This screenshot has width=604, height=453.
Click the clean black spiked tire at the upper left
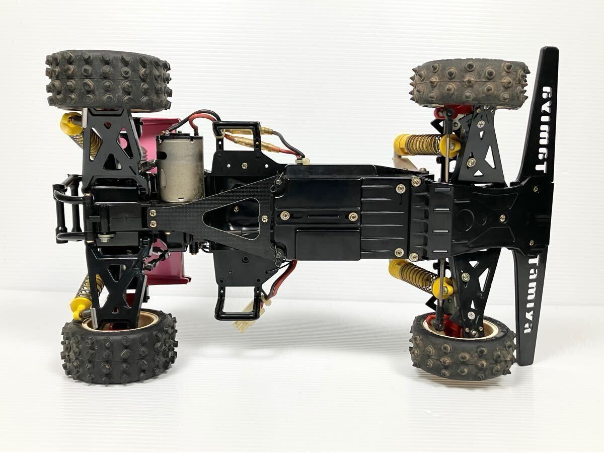click(x=108, y=81)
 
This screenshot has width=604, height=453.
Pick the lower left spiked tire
click(x=119, y=347)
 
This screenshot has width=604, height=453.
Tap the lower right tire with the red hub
click(x=462, y=347)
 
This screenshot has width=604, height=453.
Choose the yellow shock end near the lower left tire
click(x=80, y=307)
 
